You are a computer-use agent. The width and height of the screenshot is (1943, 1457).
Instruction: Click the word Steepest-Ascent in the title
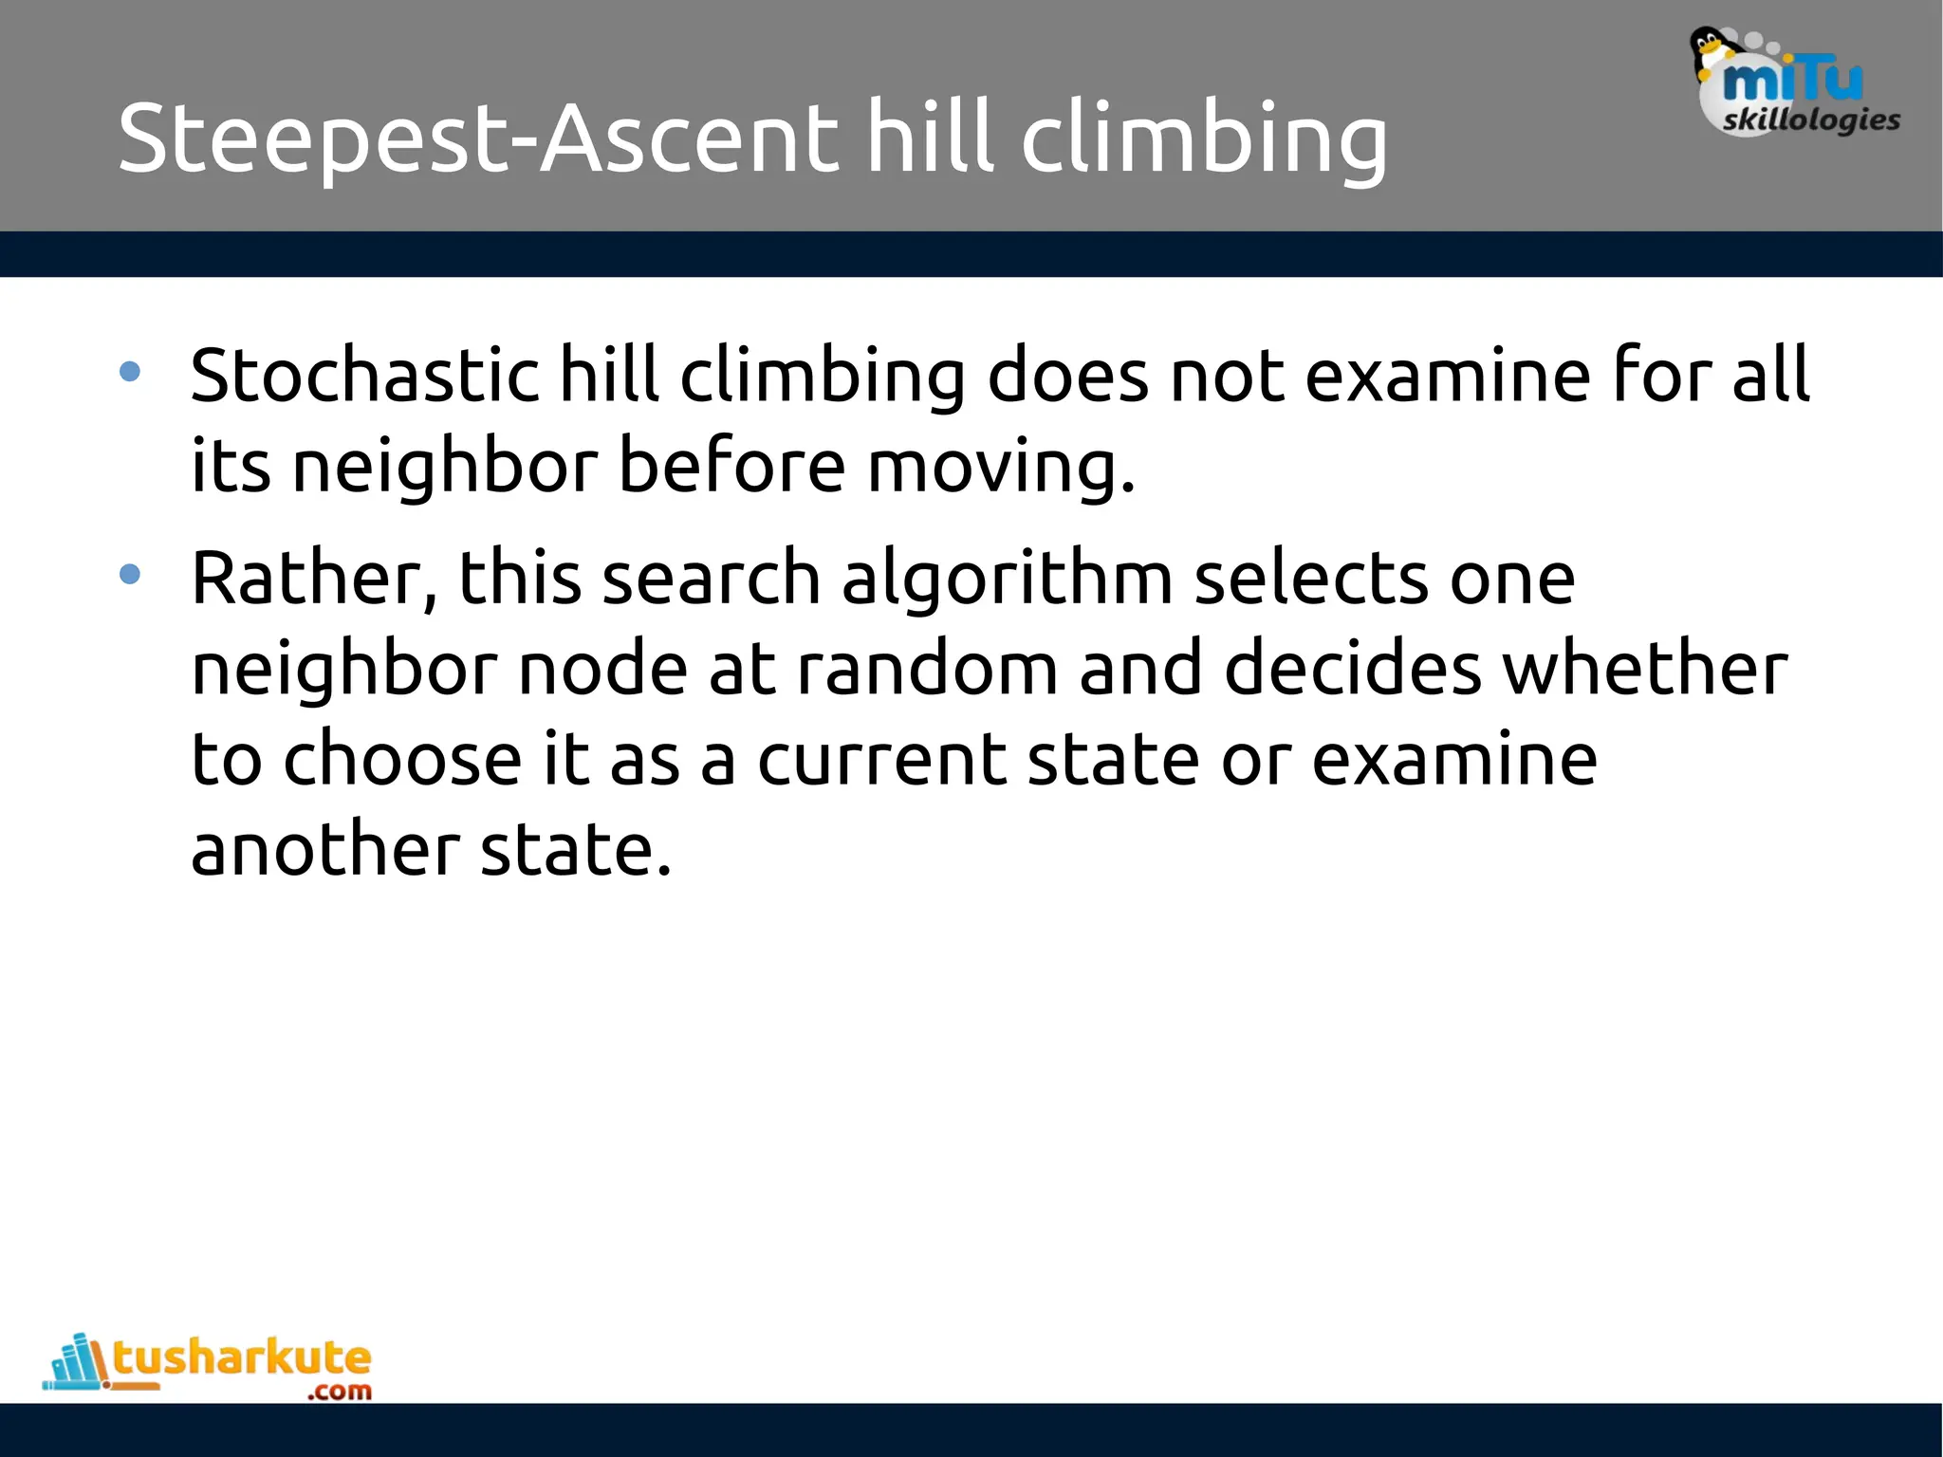coord(478,139)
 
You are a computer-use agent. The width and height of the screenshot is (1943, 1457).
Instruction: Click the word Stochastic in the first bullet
coord(364,376)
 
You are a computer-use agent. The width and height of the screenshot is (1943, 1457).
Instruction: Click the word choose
coord(402,759)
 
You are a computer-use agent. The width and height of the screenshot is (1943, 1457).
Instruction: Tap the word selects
coord(1310,579)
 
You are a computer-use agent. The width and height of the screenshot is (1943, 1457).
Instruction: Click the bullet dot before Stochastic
coord(131,372)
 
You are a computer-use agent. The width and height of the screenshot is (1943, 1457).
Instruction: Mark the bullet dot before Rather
coord(131,574)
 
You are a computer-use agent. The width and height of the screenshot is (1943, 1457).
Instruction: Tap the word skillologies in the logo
coord(1811,120)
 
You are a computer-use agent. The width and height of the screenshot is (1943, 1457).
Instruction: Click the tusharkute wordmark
coord(242,1358)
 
